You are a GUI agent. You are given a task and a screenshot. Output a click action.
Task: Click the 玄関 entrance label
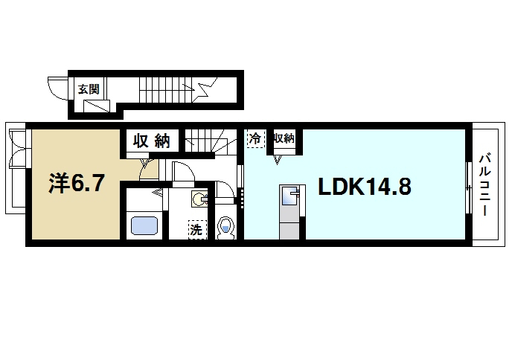click(89, 89)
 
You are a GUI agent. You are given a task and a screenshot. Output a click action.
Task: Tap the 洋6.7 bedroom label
click(77, 184)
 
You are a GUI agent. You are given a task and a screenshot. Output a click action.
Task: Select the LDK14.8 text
click(365, 187)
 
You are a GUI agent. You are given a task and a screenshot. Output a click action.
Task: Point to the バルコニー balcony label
click(484, 184)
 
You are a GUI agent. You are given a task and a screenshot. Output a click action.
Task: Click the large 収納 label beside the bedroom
click(152, 141)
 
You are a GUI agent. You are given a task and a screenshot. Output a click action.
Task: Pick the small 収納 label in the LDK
click(284, 138)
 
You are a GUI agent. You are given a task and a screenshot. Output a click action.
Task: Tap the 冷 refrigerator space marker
click(255, 138)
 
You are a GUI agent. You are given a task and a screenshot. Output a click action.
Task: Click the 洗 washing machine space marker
click(196, 230)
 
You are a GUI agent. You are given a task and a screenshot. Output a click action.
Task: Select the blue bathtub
click(144, 226)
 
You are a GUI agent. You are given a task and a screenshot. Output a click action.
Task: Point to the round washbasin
click(198, 199)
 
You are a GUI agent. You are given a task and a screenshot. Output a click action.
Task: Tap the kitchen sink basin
click(289, 196)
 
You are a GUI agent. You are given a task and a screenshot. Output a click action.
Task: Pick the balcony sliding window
click(469, 187)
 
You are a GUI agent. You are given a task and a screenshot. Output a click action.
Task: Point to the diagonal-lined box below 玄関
click(96, 106)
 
